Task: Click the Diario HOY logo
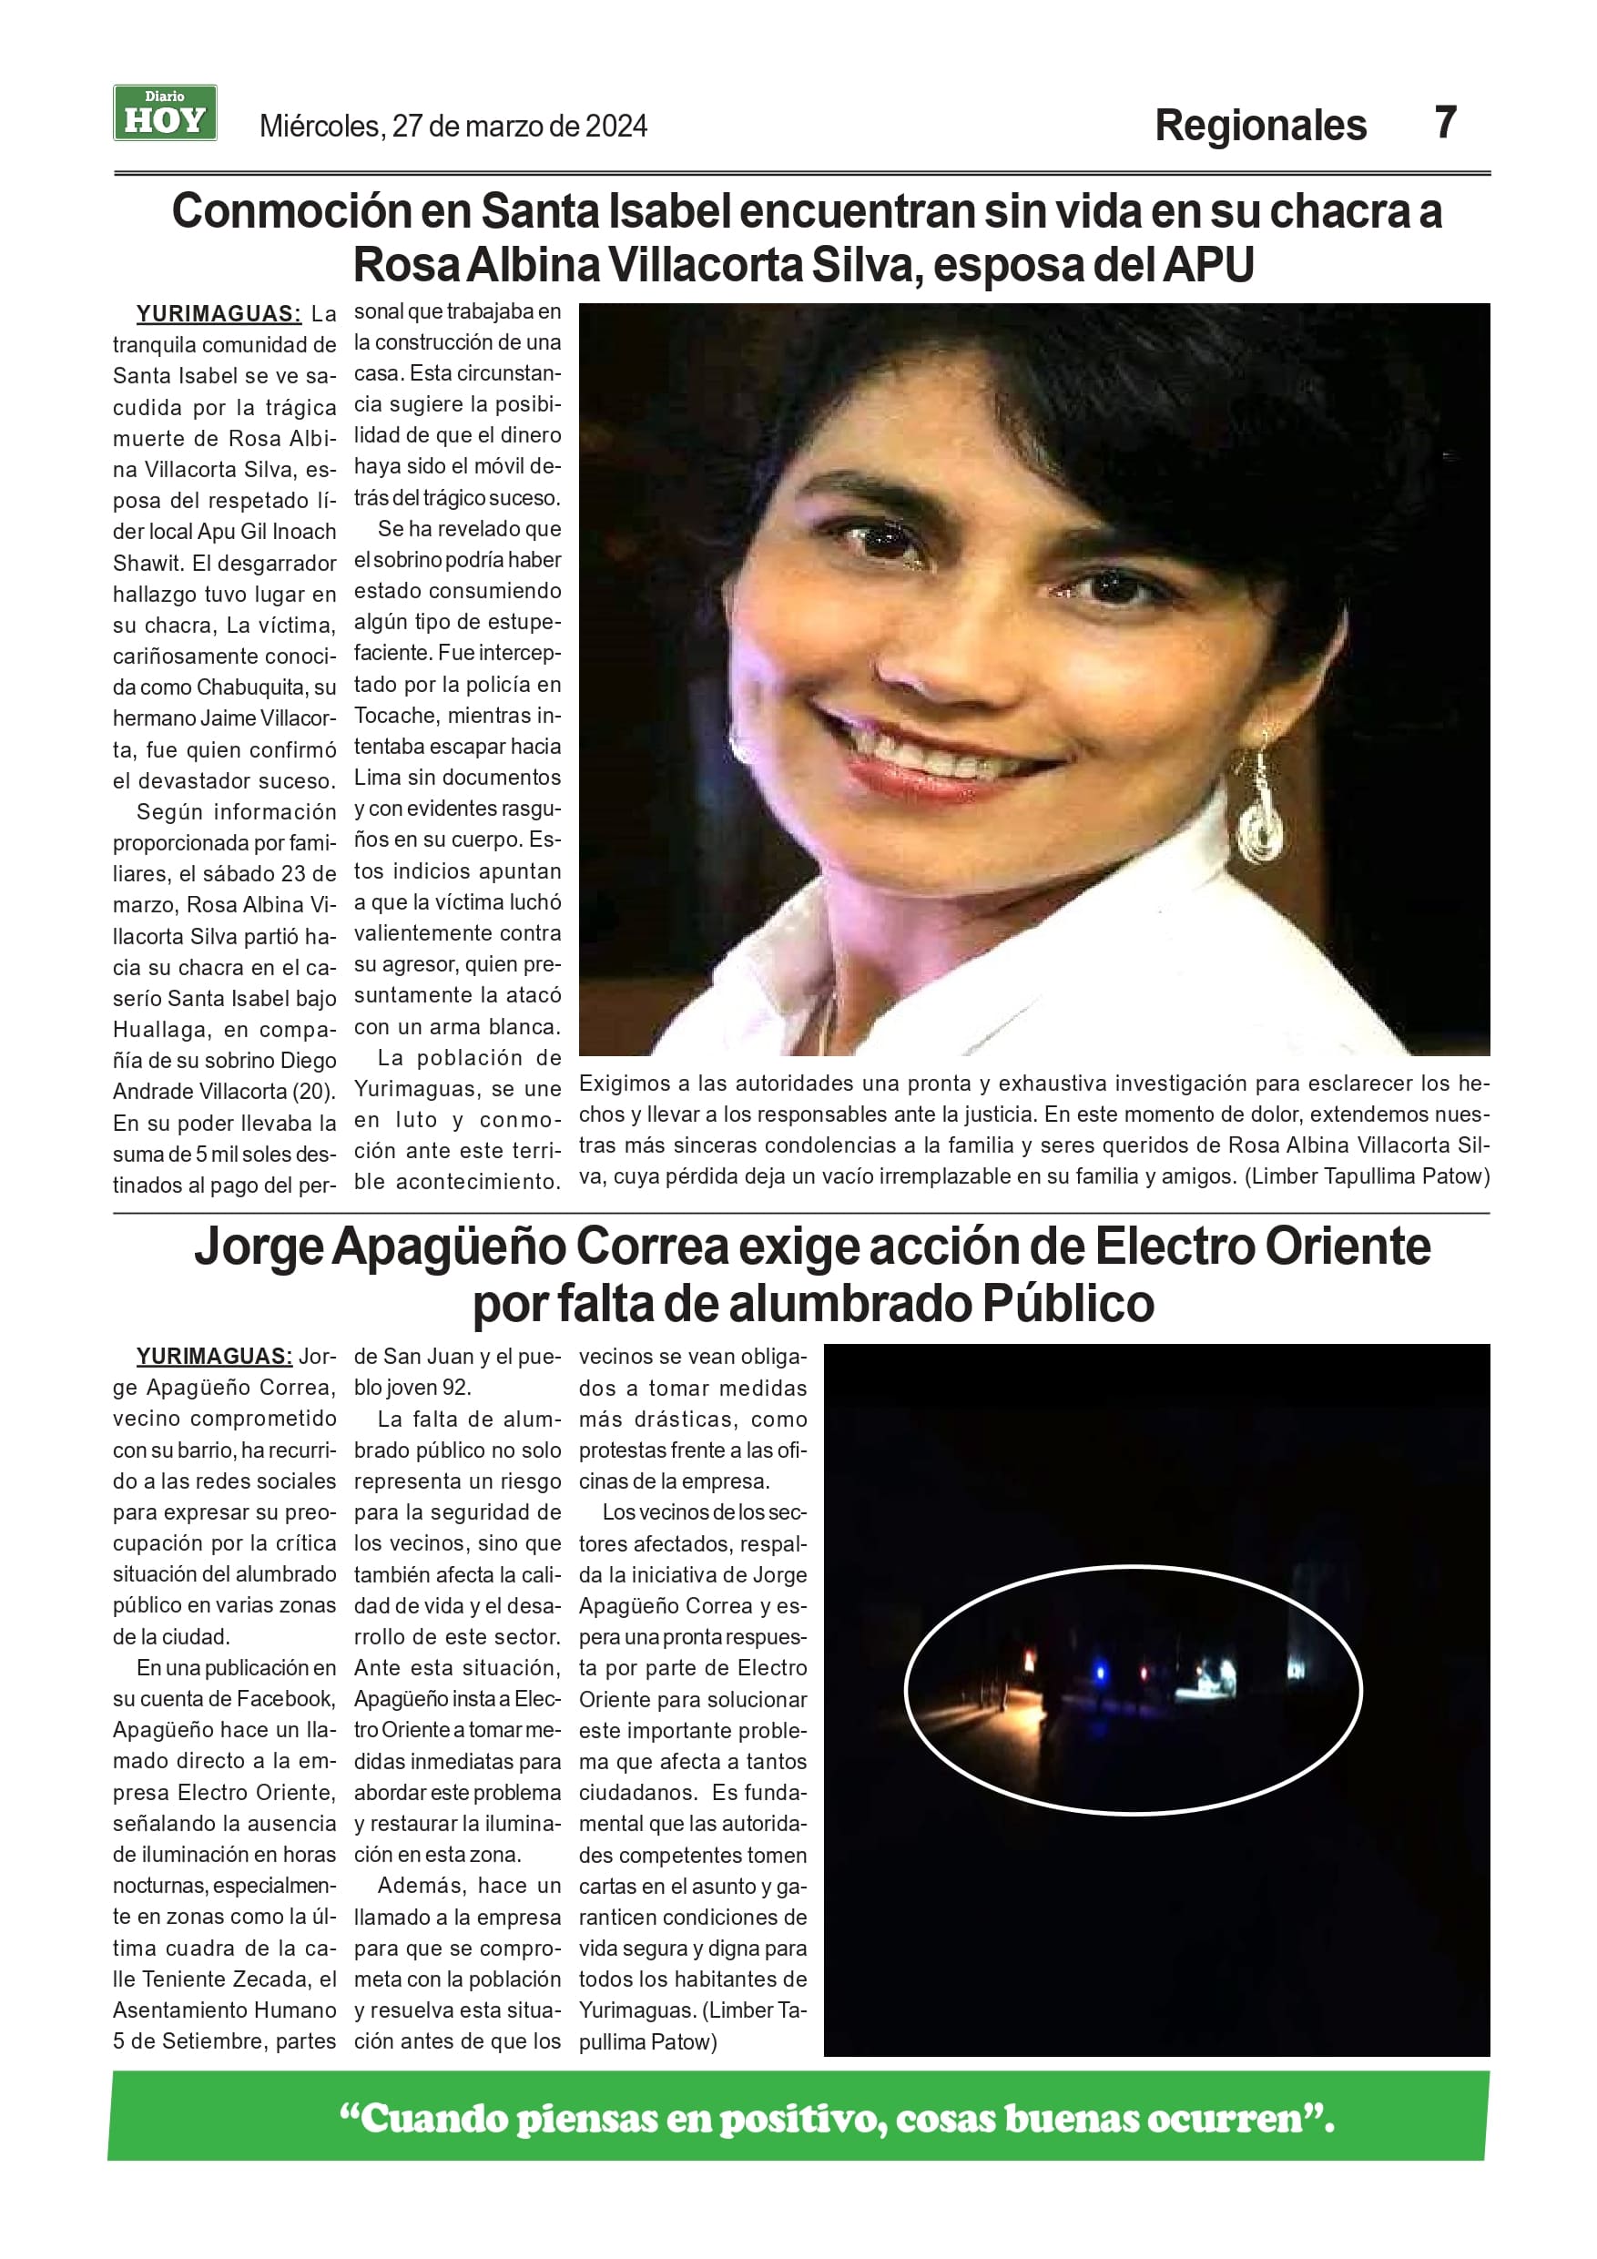pyautogui.click(x=164, y=113)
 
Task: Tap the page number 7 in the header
pyautogui.click(x=1444, y=123)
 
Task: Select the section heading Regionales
pyautogui.click(x=1259, y=126)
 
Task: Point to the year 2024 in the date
pyautogui.click(x=616, y=127)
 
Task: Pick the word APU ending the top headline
pyautogui.click(x=1208, y=266)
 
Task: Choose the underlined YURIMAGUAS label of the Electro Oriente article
pyautogui.click(x=214, y=1356)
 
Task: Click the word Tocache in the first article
pyautogui.click(x=394, y=716)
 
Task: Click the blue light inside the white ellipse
pyautogui.click(x=1100, y=1672)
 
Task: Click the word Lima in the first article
pyautogui.click(x=377, y=778)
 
